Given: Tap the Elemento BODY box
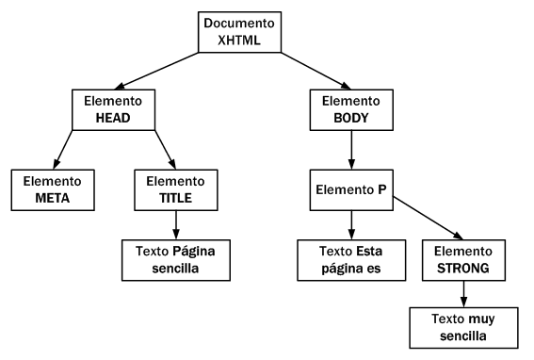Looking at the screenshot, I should (x=350, y=108).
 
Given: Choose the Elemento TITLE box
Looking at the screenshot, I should (x=176, y=188).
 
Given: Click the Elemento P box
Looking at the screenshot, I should (x=350, y=188).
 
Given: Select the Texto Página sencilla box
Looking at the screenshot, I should (x=176, y=261).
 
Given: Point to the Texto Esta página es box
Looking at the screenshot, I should (x=350, y=261).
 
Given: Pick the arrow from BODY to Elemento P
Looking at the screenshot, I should (x=350, y=149).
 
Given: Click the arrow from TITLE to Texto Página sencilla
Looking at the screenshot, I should (x=176, y=224).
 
